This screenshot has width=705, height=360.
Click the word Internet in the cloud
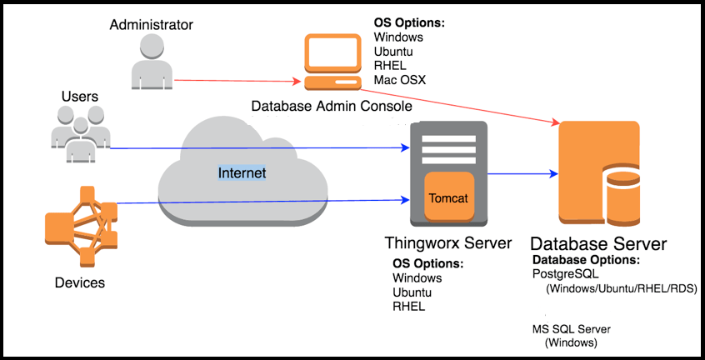pyautogui.click(x=242, y=172)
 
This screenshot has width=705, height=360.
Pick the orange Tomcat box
pyautogui.click(x=448, y=197)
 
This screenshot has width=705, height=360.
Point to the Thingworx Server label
pyautogui.click(x=448, y=243)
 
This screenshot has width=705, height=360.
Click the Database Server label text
pyautogui.click(x=598, y=244)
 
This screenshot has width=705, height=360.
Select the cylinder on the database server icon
pyautogui.click(x=623, y=200)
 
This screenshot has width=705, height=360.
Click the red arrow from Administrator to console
pyautogui.click(x=237, y=81)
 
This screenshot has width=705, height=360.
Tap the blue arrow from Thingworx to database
pyautogui.click(x=520, y=173)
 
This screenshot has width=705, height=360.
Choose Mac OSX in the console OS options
pyautogui.click(x=400, y=80)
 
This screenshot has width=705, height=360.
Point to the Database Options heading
pyautogui.click(x=586, y=260)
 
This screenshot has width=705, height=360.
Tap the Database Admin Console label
pyautogui.click(x=332, y=107)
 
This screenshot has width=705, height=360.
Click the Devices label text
pyautogui.click(x=80, y=282)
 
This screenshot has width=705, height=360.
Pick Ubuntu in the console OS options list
pyautogui.click(x=393, y=52)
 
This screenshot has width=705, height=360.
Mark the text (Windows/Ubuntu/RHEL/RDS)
pyautogui.click(x=622, y=289)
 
